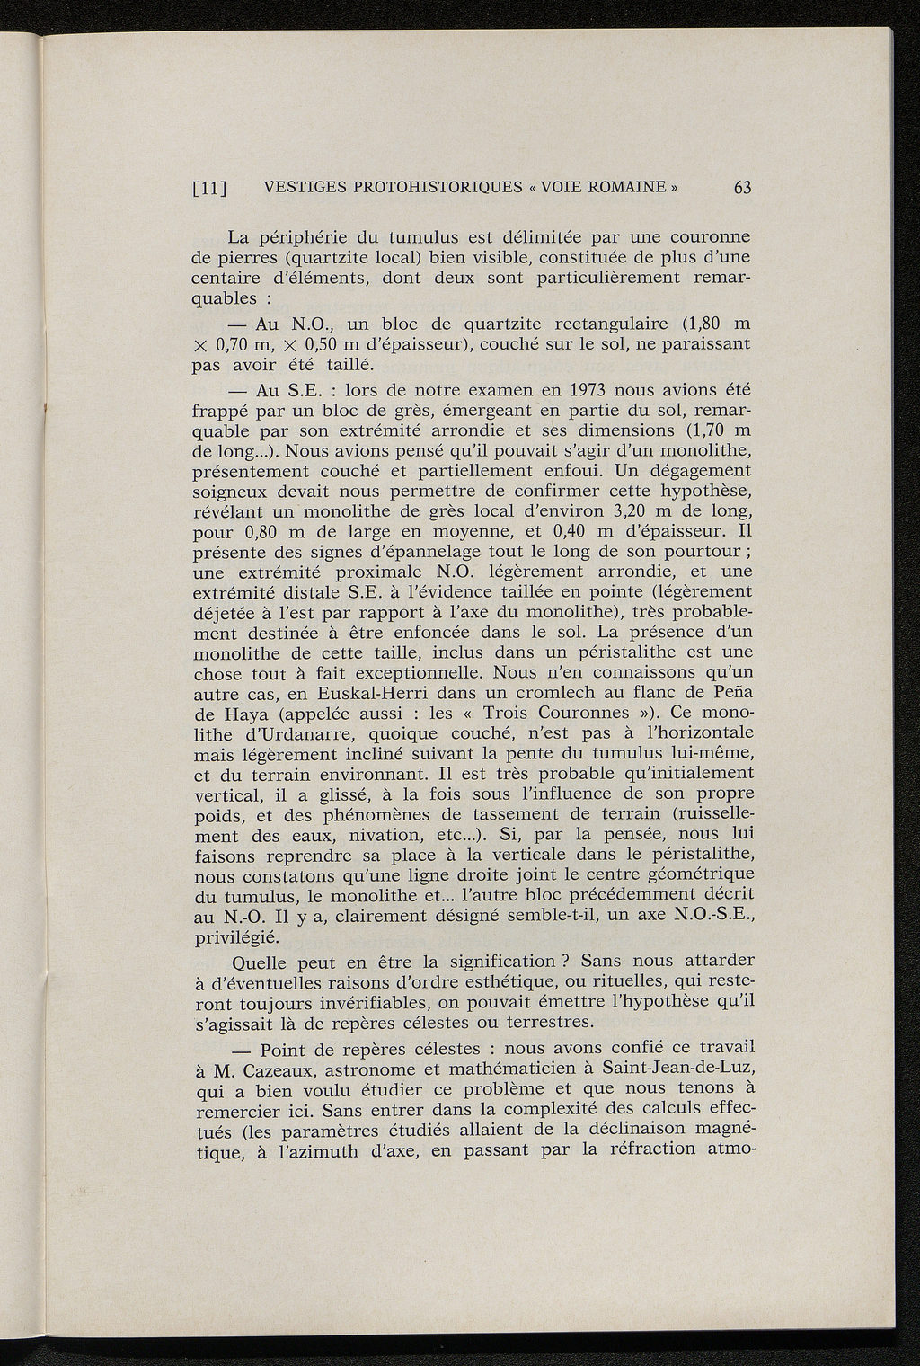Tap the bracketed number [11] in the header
pos(211,189)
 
